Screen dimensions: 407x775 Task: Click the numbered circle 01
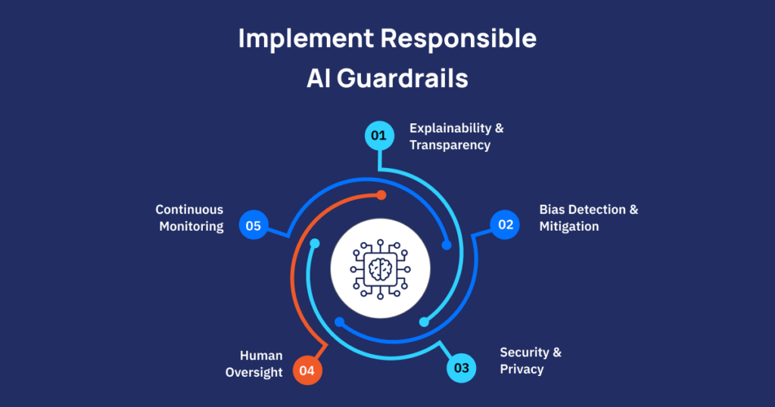[378, 136]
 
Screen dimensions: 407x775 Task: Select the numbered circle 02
[505, 225]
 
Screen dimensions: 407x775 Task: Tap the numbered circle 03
[462, 369]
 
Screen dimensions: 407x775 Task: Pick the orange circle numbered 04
[307, 371]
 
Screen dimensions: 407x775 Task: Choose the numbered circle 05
[254, 225]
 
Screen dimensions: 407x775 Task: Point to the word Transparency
[450, 144]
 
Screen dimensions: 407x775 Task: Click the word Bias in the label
[552, 210]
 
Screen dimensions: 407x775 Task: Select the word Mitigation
[569, 226]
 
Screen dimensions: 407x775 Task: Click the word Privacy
[522, 369]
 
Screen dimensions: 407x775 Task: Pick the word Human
[261, 356]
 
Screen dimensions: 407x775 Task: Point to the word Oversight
[254, 372]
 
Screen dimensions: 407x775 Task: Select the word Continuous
[189, 210]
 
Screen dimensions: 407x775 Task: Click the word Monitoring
[191, 226]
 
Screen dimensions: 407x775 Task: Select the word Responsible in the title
[457, 39]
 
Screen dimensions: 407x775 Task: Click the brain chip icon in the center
[381, 268]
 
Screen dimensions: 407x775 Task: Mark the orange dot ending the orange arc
[381, 195]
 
